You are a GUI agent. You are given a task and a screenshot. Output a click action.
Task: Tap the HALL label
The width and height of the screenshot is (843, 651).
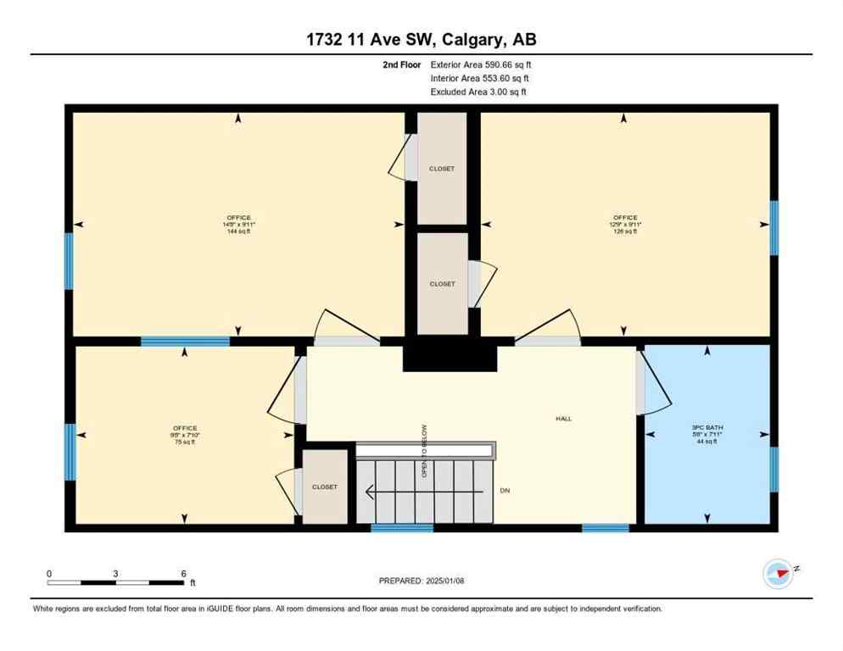[564, 419]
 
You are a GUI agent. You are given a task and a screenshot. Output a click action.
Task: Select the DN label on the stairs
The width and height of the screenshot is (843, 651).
[505, 491]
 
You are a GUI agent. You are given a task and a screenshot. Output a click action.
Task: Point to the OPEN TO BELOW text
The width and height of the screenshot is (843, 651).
[424, 451]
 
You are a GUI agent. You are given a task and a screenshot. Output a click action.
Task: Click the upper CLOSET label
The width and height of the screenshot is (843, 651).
[441, 169]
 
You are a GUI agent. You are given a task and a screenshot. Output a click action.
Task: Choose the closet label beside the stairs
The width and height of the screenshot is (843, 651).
[324, 487]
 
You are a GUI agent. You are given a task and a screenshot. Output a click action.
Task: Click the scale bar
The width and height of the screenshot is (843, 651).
[116, 582]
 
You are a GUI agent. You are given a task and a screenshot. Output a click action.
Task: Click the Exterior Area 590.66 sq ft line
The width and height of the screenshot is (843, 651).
[481, 64]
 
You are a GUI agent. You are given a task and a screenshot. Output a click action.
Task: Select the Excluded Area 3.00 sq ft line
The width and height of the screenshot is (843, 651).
[478, 92]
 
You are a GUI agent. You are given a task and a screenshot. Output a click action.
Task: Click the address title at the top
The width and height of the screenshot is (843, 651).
[421, 39]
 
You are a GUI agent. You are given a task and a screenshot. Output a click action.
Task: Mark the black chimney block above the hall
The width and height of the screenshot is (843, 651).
[449, 353]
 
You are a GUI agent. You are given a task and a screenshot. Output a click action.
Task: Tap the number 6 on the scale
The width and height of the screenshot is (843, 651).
[183, 573]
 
